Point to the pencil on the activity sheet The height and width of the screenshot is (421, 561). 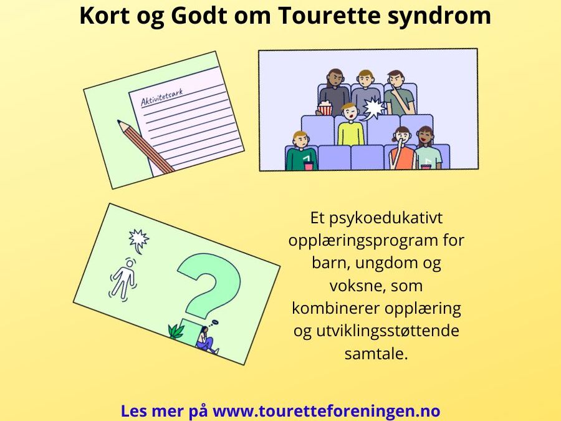coord(146,147)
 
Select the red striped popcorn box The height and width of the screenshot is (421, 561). coord(325,109)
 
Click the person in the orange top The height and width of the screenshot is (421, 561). coord(401,150)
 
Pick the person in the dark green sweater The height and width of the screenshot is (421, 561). coord(301,153)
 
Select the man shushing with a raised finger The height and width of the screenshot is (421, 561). coord(397,94)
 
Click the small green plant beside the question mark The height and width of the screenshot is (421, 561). coord(176,331)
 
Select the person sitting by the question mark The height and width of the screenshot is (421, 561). coord(206,340)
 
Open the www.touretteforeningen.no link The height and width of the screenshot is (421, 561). coord(327,412)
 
